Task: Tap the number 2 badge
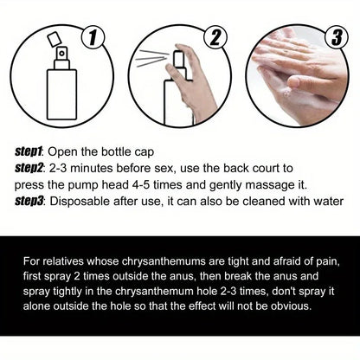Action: coord(211,38)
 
